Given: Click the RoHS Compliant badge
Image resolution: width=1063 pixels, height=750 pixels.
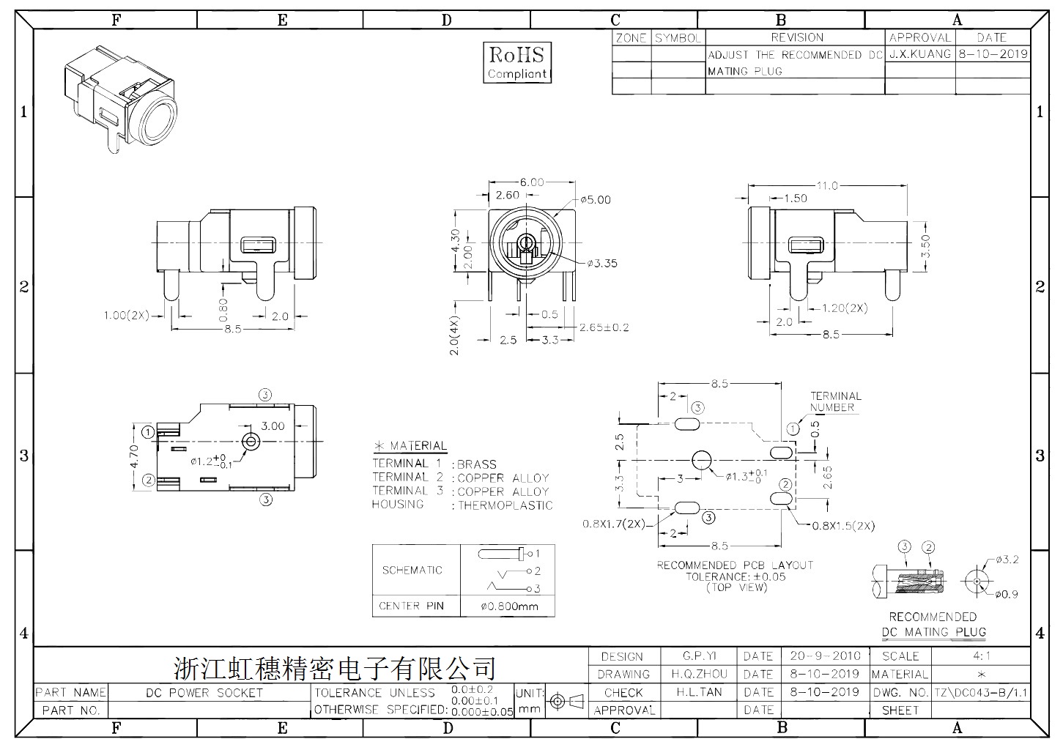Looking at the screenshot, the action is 517,62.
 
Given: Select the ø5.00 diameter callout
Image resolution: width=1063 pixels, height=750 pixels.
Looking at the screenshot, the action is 596,200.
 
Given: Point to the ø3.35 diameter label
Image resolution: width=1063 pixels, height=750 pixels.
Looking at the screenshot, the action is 602,263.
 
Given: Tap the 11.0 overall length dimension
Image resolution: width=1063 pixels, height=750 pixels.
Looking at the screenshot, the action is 827,185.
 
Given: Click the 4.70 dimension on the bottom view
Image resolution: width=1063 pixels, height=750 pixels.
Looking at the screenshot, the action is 134,456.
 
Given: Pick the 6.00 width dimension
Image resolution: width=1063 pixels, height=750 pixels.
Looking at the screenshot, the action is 532,182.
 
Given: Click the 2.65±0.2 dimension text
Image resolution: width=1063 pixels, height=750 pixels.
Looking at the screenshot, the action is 604,327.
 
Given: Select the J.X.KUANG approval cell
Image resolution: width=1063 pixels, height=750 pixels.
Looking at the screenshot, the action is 920,54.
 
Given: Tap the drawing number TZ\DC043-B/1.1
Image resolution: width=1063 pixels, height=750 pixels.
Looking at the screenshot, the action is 981,693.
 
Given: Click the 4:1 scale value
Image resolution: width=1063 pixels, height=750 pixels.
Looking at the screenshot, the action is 982,656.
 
